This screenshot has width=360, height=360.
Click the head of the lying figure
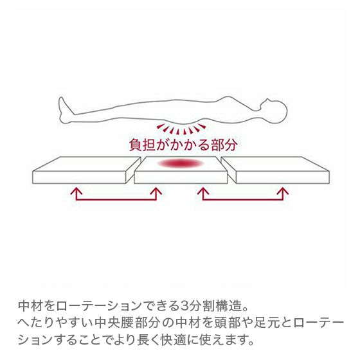tap(274, 110)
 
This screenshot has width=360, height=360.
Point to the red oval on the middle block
tap(181, 163)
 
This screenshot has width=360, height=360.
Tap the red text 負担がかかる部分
tap(183, 145)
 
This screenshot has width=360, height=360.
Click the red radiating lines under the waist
tap(181, 129)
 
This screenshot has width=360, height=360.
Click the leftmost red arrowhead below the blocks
tap(76, 191)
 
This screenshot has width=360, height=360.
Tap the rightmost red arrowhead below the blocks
tap(283, 191)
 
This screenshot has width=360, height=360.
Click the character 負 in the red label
tap(136, 145)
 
